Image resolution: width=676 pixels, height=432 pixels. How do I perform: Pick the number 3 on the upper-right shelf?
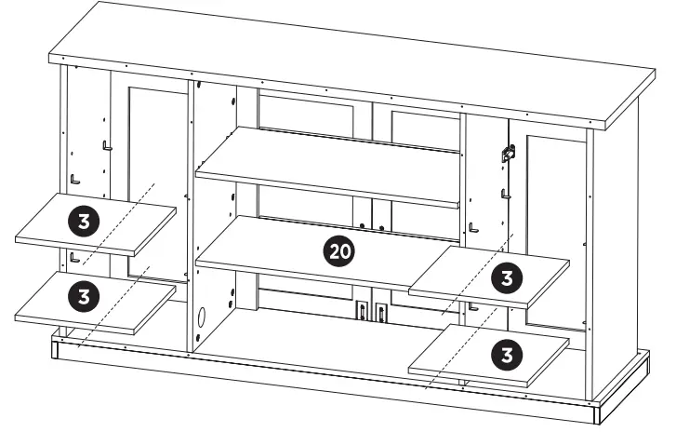coord(506,277)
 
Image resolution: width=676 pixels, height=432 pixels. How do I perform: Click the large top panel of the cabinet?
coord(353,65)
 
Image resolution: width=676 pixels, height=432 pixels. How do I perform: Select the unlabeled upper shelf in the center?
coord(325,168)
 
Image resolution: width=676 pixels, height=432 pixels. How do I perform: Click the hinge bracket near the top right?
coord(508,154)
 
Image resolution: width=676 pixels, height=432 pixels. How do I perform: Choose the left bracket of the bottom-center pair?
coord(359,311)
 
